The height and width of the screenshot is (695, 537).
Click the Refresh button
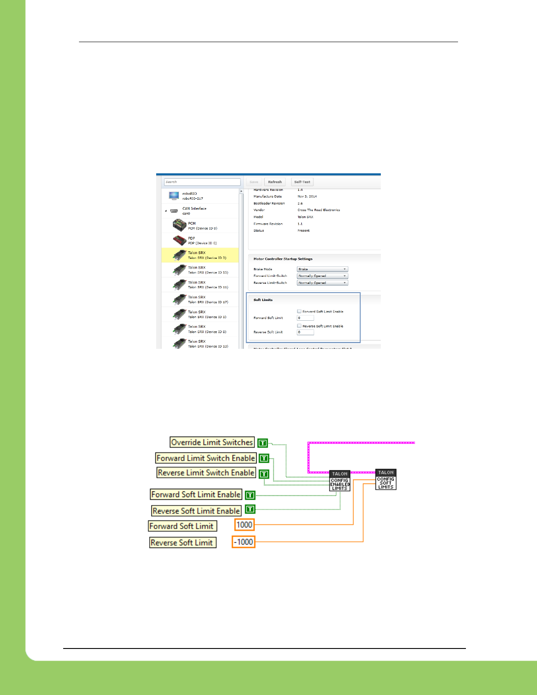click(275, 182)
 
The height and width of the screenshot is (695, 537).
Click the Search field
click(202, 182)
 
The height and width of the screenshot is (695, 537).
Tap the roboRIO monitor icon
click(174, 196)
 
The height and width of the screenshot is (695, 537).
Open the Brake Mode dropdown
click(322, 269)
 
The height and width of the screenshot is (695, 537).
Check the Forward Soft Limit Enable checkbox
click(299, 312)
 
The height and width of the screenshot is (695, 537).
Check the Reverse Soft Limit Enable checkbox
click(299, 326)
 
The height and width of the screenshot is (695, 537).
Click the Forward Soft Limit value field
click(305, 318)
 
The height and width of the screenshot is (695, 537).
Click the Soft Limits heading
click(263, 300)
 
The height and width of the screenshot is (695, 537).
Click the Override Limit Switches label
click(212, 442)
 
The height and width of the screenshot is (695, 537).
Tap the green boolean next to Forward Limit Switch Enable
click(264, 459)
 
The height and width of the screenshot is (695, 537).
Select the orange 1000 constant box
click(244, 525)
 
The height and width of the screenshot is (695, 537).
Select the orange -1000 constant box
click(243, 542)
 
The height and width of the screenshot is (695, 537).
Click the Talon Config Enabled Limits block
click(340, 481)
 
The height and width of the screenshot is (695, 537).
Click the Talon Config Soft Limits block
click(386, 480)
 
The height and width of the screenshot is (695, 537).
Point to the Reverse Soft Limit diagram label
click(182, 543)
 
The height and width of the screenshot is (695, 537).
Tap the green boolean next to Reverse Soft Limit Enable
click(250, 509)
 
